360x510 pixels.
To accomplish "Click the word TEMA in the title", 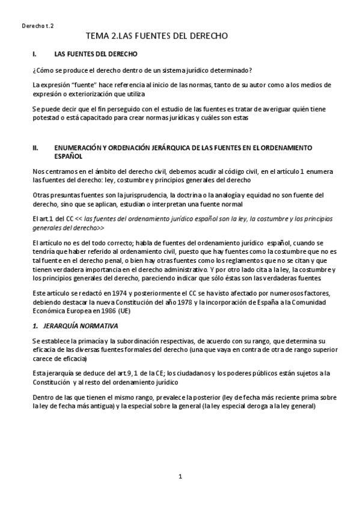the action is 97,37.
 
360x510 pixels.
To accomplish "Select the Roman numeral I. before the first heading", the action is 35,54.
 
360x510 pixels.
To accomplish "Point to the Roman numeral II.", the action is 36,147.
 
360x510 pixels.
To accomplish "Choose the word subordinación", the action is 133,341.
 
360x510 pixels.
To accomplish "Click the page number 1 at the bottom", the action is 180,476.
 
